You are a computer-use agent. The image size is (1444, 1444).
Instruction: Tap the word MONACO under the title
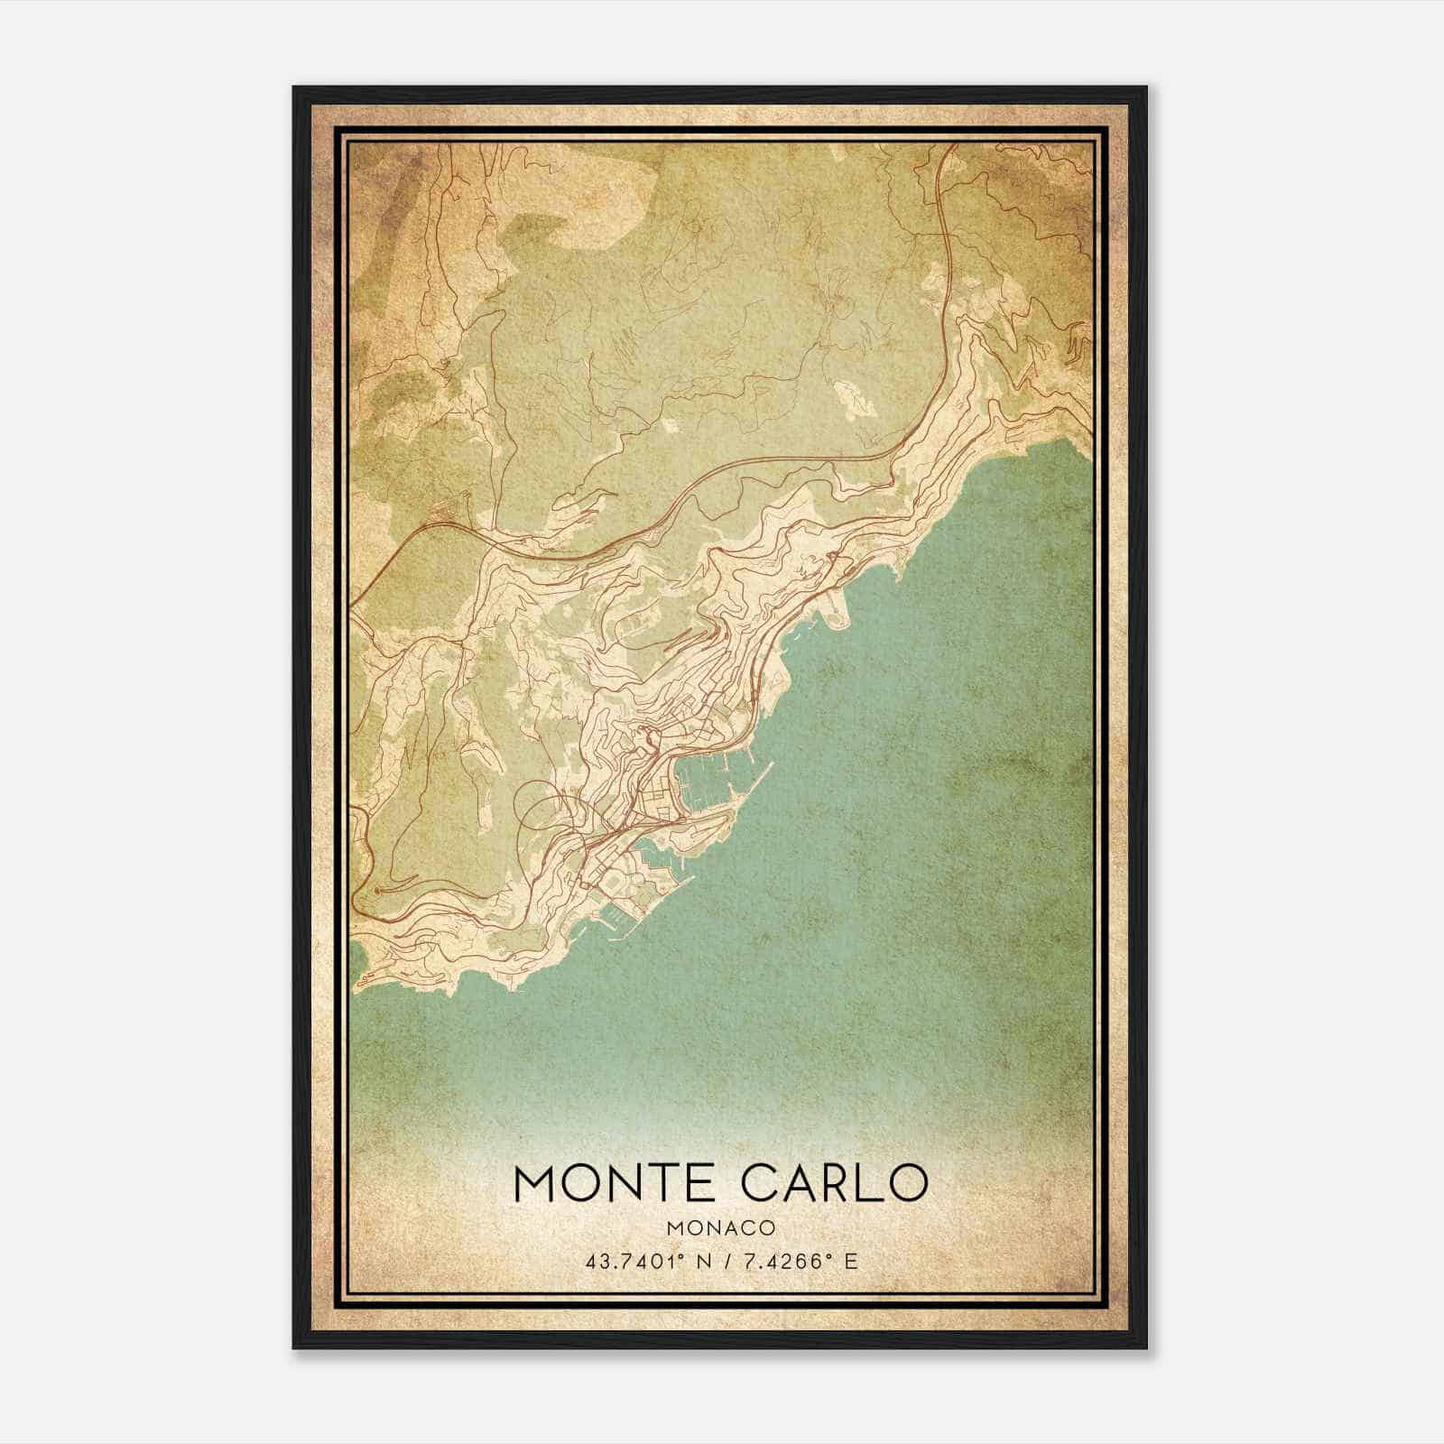720,1227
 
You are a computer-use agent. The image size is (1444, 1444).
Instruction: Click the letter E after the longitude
849,1261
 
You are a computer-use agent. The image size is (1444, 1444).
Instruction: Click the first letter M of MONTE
536,1183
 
